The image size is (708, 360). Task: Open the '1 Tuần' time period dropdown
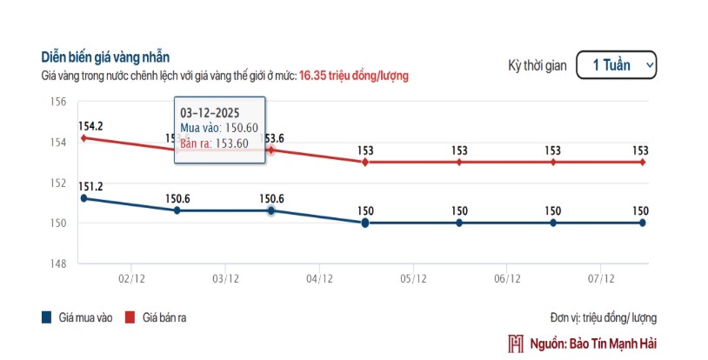[x=616, y=65]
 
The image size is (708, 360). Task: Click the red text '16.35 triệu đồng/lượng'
[x=354, y=76]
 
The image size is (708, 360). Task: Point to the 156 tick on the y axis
[x=59, y=102]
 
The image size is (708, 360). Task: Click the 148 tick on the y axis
[x=59, y=263]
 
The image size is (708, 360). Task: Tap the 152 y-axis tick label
[x=59, y=183]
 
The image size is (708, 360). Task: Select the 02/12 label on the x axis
[x=130, y=279]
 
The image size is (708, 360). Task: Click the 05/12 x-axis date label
[x=412, y=279]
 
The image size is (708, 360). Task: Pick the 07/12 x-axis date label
[x=600, y=279]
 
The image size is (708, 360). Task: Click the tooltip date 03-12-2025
[x=210, y=113]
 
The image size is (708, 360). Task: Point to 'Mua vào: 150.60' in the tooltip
[x=218, y=128]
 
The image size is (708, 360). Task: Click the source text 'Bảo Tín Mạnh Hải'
[x=612, y=343]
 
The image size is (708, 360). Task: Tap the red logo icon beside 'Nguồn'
[x=516, y=343]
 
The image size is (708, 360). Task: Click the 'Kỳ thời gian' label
[x=538, y=65]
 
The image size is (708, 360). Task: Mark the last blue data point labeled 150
[x=642, y=223]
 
